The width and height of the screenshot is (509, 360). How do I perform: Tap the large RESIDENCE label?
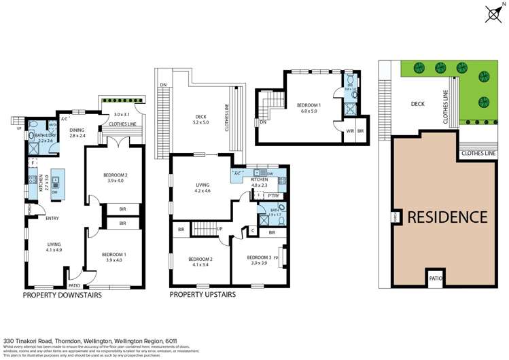[447, 217]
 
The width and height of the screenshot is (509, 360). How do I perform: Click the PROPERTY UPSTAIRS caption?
[203, 295]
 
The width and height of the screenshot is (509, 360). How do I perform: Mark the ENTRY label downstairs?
[52, 218]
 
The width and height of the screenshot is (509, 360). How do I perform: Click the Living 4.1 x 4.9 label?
[54, 247]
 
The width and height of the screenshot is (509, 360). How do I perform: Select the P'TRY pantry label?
[274, 196]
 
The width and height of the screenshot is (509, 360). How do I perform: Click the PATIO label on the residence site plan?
[436, 278]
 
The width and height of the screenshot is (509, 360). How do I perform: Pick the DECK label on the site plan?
[419, 104]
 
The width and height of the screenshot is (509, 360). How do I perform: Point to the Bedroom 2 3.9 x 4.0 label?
[113, 178]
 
